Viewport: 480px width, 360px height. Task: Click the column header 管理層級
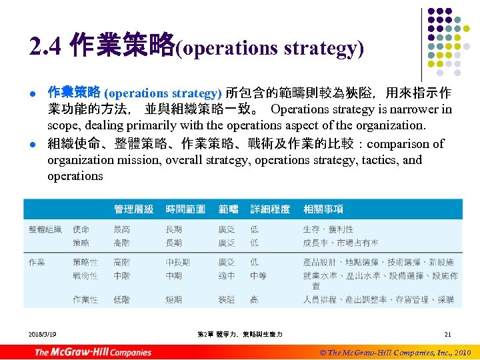tap(133, 209)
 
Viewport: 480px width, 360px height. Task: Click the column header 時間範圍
tap(185, 209)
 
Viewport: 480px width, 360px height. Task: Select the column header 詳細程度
tap(270, 209)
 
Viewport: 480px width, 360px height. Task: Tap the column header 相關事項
tap(323, 209)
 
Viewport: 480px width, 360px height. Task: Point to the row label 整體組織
tap(45, 229)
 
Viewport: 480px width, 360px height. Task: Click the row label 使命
tap(81, 229)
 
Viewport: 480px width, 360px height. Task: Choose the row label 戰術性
tap(85, 275)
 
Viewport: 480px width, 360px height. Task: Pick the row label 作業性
tap(85, 300)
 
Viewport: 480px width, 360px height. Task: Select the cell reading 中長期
tap(178, 263)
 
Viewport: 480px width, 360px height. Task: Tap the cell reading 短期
tap(173, 300)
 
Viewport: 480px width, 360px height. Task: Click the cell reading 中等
tap(258, 275)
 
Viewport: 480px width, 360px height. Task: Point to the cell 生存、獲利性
tap(331, 229)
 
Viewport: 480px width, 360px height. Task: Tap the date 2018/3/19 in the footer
tap(43, 333)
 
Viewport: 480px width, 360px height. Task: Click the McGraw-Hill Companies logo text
tap(93, 351)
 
